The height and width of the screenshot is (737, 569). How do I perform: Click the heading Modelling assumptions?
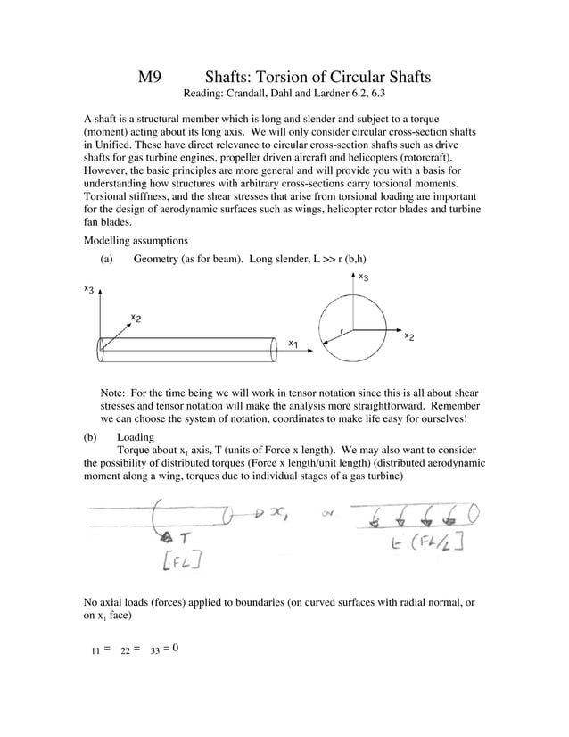pyautogui.click(x=136, y=240)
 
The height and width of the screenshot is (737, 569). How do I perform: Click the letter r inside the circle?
pyautogui.click(x=342, y=330)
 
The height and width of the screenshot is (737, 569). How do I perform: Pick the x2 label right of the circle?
pyautogui.click(x=408, y=335)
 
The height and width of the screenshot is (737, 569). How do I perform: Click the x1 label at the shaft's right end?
pyautogui.click(x=293, y=342)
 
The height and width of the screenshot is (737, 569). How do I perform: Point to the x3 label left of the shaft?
pyautogui.click(x=89, y=289)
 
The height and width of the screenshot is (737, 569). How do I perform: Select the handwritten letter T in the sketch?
pyautogui.click(x=183, y=536)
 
